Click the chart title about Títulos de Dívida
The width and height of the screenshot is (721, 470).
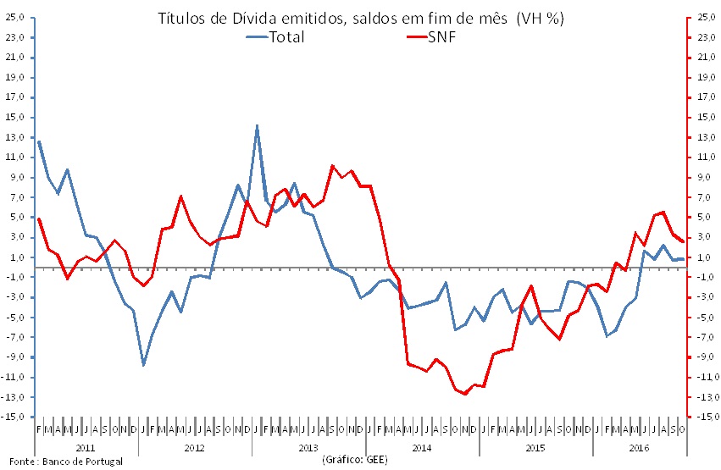[x=361, y=17]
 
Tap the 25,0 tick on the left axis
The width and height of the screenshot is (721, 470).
[x=14, y=17]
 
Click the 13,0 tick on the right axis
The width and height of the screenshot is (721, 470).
[x=706, y=137]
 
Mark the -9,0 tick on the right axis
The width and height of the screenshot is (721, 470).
[x=706, y=357]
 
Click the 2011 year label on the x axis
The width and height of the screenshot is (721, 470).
[x=86, y=445]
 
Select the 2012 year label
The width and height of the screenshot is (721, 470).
[x=195, y=445]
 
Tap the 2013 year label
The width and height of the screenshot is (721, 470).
[x=309, y=445]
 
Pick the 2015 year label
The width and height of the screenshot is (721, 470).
[x=536, y=445]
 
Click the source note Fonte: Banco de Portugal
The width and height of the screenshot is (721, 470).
[x=63, y=462]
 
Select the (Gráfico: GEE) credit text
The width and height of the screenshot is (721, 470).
[x=356, y=460]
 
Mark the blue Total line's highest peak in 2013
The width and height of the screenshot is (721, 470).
[x=257, y=125]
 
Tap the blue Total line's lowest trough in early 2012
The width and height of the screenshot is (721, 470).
[x=143, y=365]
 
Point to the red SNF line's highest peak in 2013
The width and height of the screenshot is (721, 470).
[x=332, y=166]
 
